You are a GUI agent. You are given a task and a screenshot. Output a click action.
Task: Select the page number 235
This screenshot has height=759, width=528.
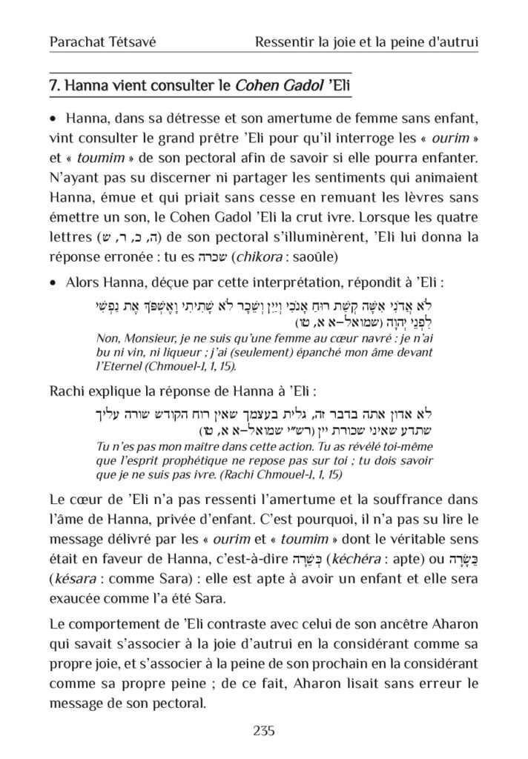point(264,731)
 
